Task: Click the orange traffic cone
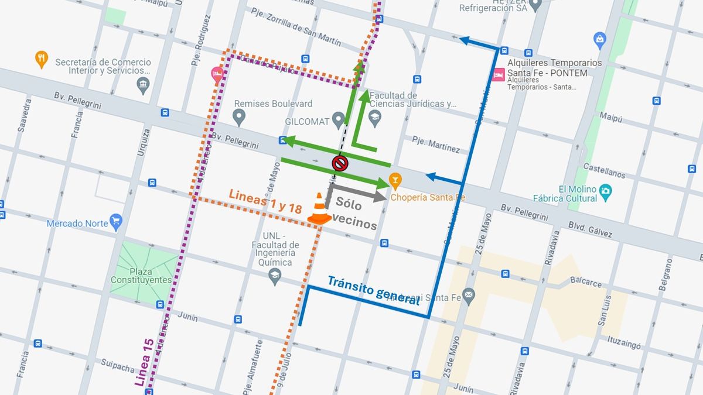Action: coord(319,209)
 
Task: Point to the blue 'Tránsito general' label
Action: coord(373,290)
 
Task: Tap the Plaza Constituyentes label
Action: coord(141,275)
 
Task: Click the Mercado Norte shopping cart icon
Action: coord(116,221)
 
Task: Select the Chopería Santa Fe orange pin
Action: coord(395,180)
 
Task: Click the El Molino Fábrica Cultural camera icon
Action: coord(606,191)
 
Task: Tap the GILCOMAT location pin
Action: coord(338,121)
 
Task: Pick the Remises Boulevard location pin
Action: coord(238,117)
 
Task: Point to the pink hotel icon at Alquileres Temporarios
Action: coord(499,75)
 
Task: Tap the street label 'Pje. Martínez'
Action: coord(436,145)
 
